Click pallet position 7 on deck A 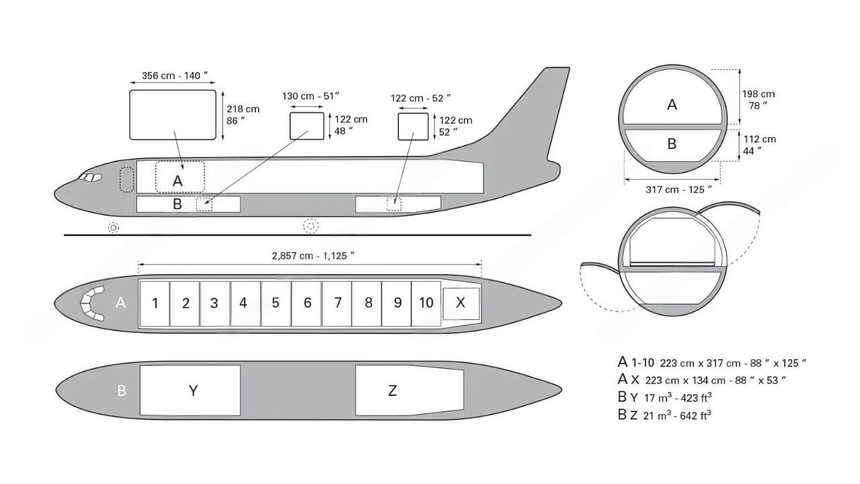pos(337,303)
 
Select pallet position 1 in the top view pos(155,303)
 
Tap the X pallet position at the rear pos(460,302)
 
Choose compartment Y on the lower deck pos(192,391)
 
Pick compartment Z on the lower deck pos(392,391)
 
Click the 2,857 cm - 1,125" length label pos(312,255)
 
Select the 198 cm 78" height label pos(758,99)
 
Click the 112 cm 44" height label pos(759,145)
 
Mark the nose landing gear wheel pos(114,228)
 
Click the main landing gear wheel pos(310,227)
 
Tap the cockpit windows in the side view pos(90,177)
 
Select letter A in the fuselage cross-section pos(672,105)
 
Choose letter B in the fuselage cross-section pos(671,144)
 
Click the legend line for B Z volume pos(664,415)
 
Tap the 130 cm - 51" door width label pos(310,96)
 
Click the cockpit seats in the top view pos(92,303)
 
